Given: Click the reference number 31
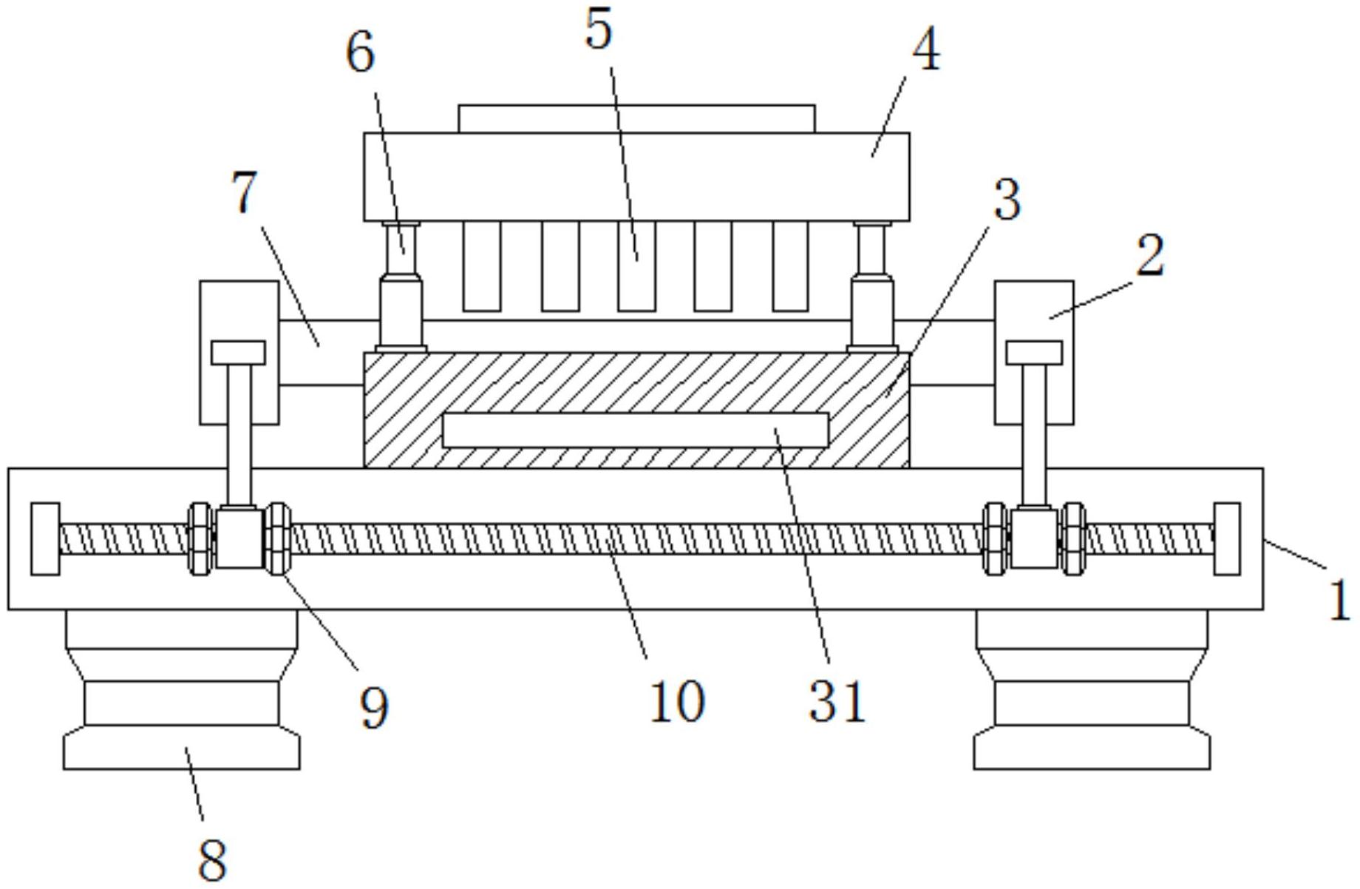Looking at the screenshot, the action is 837,701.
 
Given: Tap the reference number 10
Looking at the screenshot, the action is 677,701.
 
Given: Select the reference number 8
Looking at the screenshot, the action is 213,859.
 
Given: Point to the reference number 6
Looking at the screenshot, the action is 361,53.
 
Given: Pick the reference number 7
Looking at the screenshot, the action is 245,192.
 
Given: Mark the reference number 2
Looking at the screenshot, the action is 1150,255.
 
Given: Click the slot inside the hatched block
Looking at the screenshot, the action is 636,430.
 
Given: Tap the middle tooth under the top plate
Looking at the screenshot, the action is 636,266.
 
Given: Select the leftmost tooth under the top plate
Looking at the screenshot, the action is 482,266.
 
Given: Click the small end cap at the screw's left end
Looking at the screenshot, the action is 45,538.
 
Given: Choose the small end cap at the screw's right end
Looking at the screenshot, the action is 1227,538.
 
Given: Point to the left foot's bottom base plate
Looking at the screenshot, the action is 182,748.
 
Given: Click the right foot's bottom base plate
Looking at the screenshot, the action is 1092,748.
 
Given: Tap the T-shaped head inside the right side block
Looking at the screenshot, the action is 1035,353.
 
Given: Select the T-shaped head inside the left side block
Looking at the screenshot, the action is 239,353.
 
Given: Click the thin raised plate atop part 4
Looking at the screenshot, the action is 636,119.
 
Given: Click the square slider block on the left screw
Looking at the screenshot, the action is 239,538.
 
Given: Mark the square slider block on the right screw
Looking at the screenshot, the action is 1034,538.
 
